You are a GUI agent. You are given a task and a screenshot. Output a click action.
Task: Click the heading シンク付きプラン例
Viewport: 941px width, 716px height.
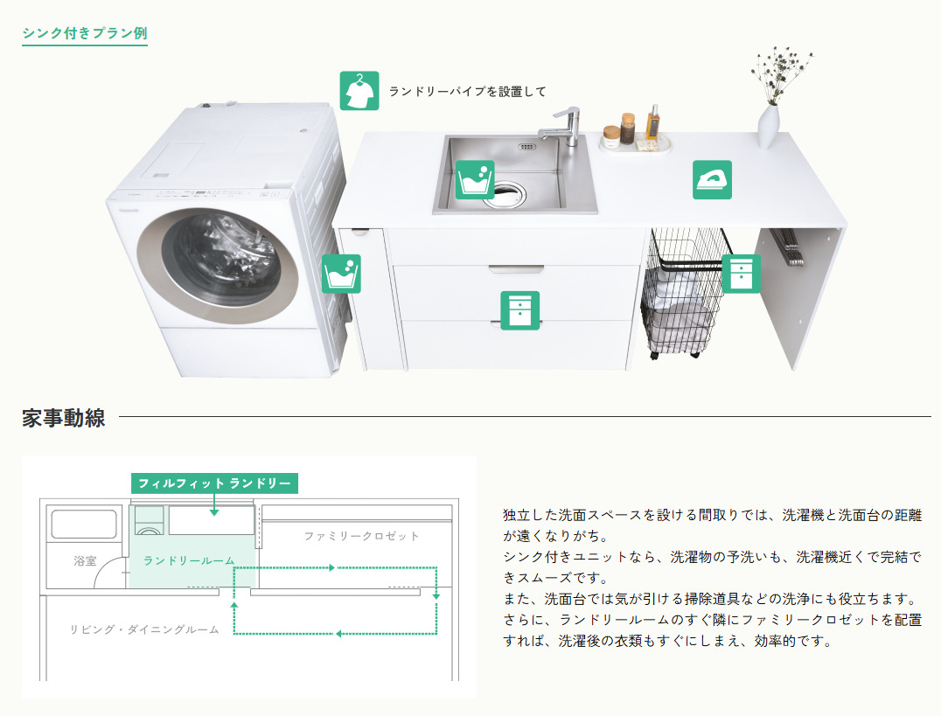coord(85,33)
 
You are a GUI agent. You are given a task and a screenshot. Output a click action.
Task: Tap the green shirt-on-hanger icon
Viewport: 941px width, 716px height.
coord(359,91)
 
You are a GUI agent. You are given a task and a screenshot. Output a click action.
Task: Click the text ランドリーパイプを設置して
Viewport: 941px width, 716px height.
coord(468,91)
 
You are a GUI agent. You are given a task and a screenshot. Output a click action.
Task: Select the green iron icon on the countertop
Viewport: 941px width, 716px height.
coord(713,179)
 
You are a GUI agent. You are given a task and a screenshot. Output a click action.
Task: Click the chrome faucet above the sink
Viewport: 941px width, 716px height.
coord(562,127)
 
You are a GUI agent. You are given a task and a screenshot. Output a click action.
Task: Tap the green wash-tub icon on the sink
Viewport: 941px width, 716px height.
coord(475,179)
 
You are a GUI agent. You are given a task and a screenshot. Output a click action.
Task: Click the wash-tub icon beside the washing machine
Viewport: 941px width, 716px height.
coord(341,274)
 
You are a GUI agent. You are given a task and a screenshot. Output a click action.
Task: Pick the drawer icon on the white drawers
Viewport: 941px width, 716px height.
coord(520,310)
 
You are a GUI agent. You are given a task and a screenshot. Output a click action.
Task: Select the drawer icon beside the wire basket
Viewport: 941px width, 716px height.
coord(741,274)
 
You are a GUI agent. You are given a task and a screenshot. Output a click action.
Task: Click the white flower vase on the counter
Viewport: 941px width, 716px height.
coord(768,127)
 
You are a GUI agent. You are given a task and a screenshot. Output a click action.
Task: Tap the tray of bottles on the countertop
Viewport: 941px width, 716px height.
coord(636,143)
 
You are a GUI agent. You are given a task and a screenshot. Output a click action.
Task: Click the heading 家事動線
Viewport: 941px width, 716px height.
coord(64,418)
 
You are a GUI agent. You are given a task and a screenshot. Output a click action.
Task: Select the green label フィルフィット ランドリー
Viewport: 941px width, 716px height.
coord(214,483)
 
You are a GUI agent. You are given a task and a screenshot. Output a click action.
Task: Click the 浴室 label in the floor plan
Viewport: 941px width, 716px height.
coord(85,560)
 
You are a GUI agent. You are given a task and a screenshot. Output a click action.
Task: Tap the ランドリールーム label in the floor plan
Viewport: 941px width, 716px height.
coord(189,560)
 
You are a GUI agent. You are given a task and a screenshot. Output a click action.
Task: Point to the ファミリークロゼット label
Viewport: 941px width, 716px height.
coord(361,536)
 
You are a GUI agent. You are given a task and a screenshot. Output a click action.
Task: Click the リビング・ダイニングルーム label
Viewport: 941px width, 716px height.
coord(144,629)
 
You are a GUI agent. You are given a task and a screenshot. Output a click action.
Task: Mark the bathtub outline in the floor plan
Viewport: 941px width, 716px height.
coord(84,525)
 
